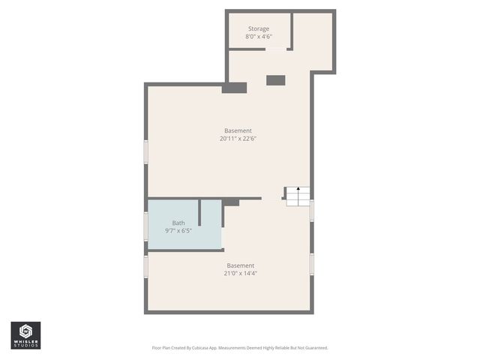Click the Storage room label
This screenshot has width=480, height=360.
(x=259, y=28)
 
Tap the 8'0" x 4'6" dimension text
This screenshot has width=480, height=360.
(x=259, y=37)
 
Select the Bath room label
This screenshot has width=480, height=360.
(x=178, y=223)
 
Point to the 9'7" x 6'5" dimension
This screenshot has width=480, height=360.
(x=178, y=231)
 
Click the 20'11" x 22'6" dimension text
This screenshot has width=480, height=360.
(x=238, y=139)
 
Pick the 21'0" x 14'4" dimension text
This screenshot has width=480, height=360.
(x=241, y=274)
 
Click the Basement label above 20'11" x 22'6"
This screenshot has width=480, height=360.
(x=238, y=130)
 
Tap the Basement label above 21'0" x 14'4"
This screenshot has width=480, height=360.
(x=241, y=265)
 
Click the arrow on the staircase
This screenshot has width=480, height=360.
(x=298, y=189)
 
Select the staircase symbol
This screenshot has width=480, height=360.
(x=297, y=196)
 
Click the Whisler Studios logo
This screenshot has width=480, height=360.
(x=25, y=335)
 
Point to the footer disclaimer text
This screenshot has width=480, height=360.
(x=240, y=348)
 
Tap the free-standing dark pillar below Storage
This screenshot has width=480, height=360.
(x=276, y=79)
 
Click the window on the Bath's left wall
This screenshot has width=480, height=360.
(x=146, y=226)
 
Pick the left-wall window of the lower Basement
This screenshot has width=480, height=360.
(x=146, y=266)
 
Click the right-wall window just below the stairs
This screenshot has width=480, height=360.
(x=312, y=210)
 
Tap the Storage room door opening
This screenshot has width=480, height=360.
(x=277, y=49)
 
